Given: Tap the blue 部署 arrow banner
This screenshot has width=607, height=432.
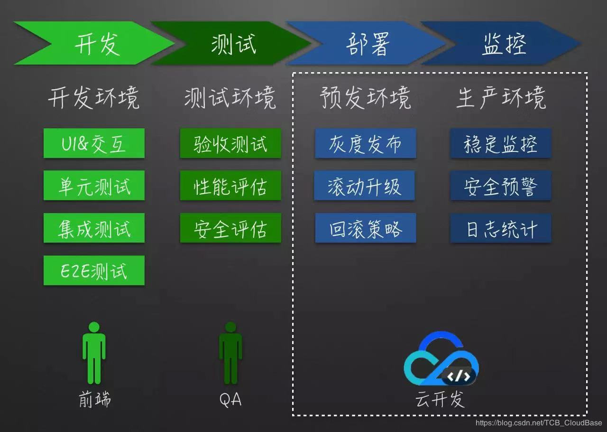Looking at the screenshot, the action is pos(368,44).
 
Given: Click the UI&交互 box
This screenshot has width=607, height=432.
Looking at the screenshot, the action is pos(94,143).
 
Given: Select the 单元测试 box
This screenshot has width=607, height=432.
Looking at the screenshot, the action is pos(94,186).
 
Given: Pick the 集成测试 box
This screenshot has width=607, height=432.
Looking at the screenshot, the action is pos(94,228).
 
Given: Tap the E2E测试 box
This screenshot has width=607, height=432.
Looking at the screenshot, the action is pos(94,271).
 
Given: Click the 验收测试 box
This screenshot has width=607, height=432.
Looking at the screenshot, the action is pos(230,143).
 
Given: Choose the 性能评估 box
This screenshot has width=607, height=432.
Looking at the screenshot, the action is pos(230,186).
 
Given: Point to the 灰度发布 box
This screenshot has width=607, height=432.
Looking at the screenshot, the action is pos(366,143).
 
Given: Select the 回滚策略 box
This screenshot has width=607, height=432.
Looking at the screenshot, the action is pos(366,228).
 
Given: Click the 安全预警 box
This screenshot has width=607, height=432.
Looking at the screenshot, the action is pos(501,186).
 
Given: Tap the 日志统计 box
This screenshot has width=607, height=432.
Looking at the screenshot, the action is pos(501,228).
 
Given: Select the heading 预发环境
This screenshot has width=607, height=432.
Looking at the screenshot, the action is pos(365,98).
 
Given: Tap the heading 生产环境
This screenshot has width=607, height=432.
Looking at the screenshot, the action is pos(501,98).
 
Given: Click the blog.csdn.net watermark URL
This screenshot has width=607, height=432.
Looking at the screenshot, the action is pos(539,423).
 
